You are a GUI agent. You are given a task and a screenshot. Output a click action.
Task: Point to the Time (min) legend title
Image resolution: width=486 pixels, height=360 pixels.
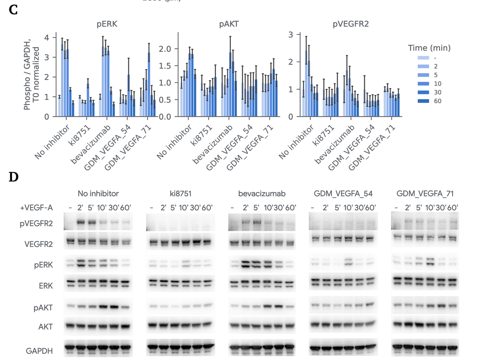click(x=429, y=48)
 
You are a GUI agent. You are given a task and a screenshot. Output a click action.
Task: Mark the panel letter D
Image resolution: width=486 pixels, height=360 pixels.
click(x=13, y=177)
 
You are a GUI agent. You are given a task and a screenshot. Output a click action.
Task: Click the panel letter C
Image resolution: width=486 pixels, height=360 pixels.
click(x=13, y=10)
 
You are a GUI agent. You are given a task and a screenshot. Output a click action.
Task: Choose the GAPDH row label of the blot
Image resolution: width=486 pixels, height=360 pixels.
click(x=39, y=351)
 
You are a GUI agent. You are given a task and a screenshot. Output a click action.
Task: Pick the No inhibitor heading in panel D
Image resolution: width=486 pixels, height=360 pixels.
click(x=98, y=193)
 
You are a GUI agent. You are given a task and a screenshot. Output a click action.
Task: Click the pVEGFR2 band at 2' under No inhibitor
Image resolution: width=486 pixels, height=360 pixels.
click(x=80, y=222)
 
